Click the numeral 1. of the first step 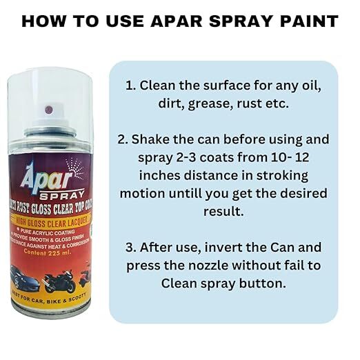[x=130, y=86]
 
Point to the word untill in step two [x=205, y=194]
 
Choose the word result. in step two [x=226, y=212]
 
